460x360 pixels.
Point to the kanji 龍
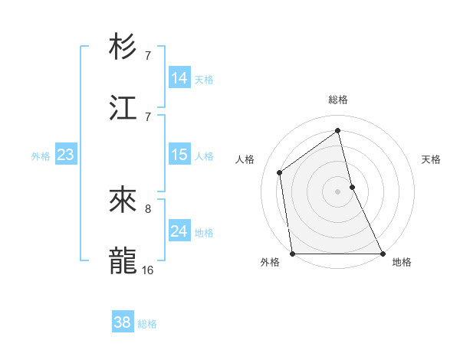click(123, 260)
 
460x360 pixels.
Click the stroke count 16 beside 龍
click(148, 270)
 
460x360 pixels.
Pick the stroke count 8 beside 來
click(148, 208)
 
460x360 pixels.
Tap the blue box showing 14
click(179, 78)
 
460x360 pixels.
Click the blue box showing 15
click(179, 155)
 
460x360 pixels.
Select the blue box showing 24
click(179, 231)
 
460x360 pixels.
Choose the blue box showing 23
click(66, 155)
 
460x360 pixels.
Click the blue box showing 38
click(123, 322)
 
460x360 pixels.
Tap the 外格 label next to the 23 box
click(41, 155)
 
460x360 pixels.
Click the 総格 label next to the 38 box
click(147, 324)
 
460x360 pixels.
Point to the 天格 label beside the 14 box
click(204, 79)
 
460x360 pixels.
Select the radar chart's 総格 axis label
click(338, 100)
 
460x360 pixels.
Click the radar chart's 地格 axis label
click(402, 262)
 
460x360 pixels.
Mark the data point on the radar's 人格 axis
click(280, 172)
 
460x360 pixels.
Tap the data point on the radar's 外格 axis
click(293, 254)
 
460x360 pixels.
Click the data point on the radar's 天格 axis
click(352, 187)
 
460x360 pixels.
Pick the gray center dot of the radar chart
click(338, 191)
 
